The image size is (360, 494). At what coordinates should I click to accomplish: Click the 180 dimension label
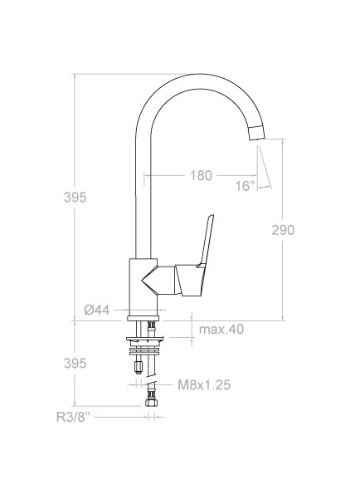point(201,175)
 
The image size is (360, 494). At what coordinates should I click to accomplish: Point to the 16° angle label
point(246,186)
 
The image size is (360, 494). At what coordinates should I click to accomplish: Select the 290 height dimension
point(283,230)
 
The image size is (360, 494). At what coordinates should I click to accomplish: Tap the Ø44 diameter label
point(97,311)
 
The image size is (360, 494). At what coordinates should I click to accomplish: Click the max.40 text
point(221,330)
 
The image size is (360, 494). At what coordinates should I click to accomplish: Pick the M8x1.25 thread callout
point(204,384)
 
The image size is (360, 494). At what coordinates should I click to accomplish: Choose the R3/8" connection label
point(73,417)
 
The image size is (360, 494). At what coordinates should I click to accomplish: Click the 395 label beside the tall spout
point(75,198)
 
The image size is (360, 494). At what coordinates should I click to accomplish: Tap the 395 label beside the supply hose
point(75,364)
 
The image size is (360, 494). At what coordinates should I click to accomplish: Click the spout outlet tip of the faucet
point(257,132)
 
